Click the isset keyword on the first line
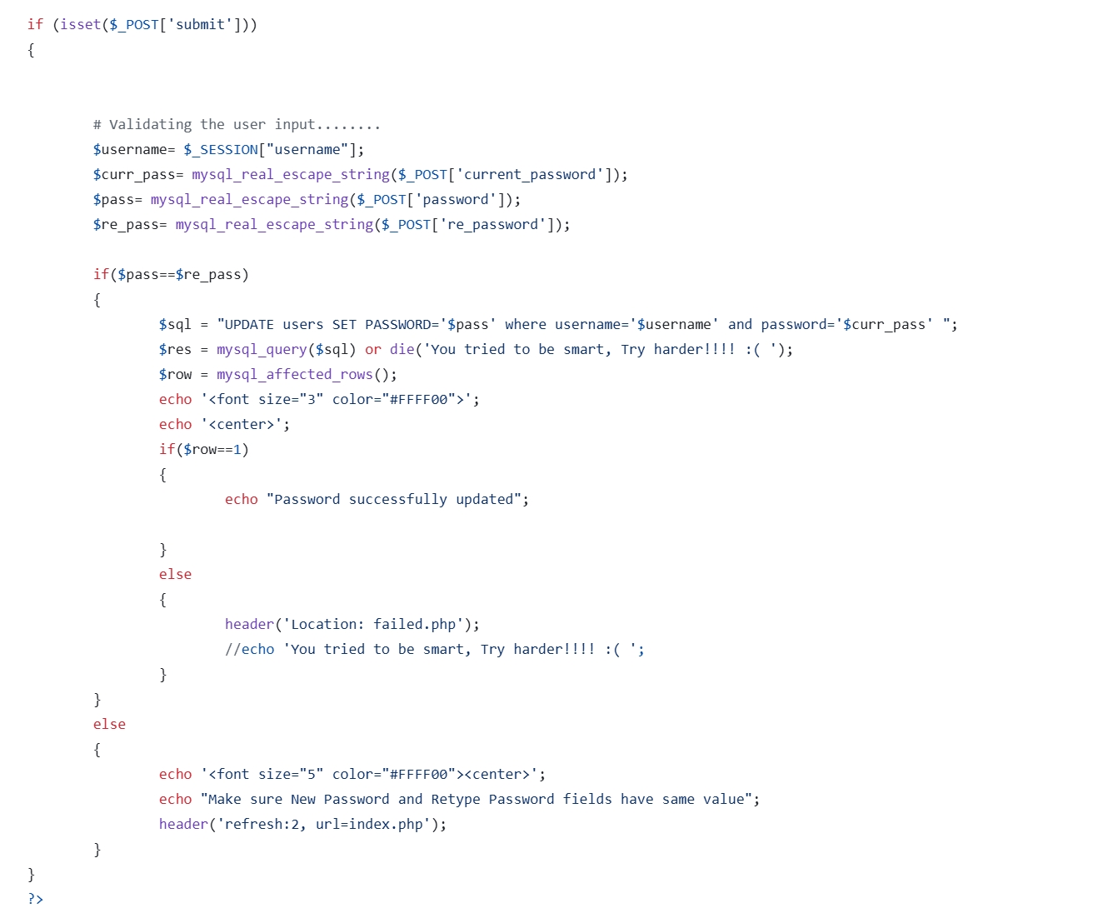[80, 25]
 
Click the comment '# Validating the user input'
[237, 125]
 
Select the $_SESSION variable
[221, 150]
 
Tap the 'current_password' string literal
[530, 175]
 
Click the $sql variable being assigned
[175, 325]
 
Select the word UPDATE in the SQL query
[249, 325]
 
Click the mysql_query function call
[262, 350]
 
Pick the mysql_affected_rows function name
[295, 375]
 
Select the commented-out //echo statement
[434, 650]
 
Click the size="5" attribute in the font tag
[291, 775]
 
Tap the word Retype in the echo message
[456, 800]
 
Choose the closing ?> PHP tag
[35, 899]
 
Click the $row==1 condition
[212, 450]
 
